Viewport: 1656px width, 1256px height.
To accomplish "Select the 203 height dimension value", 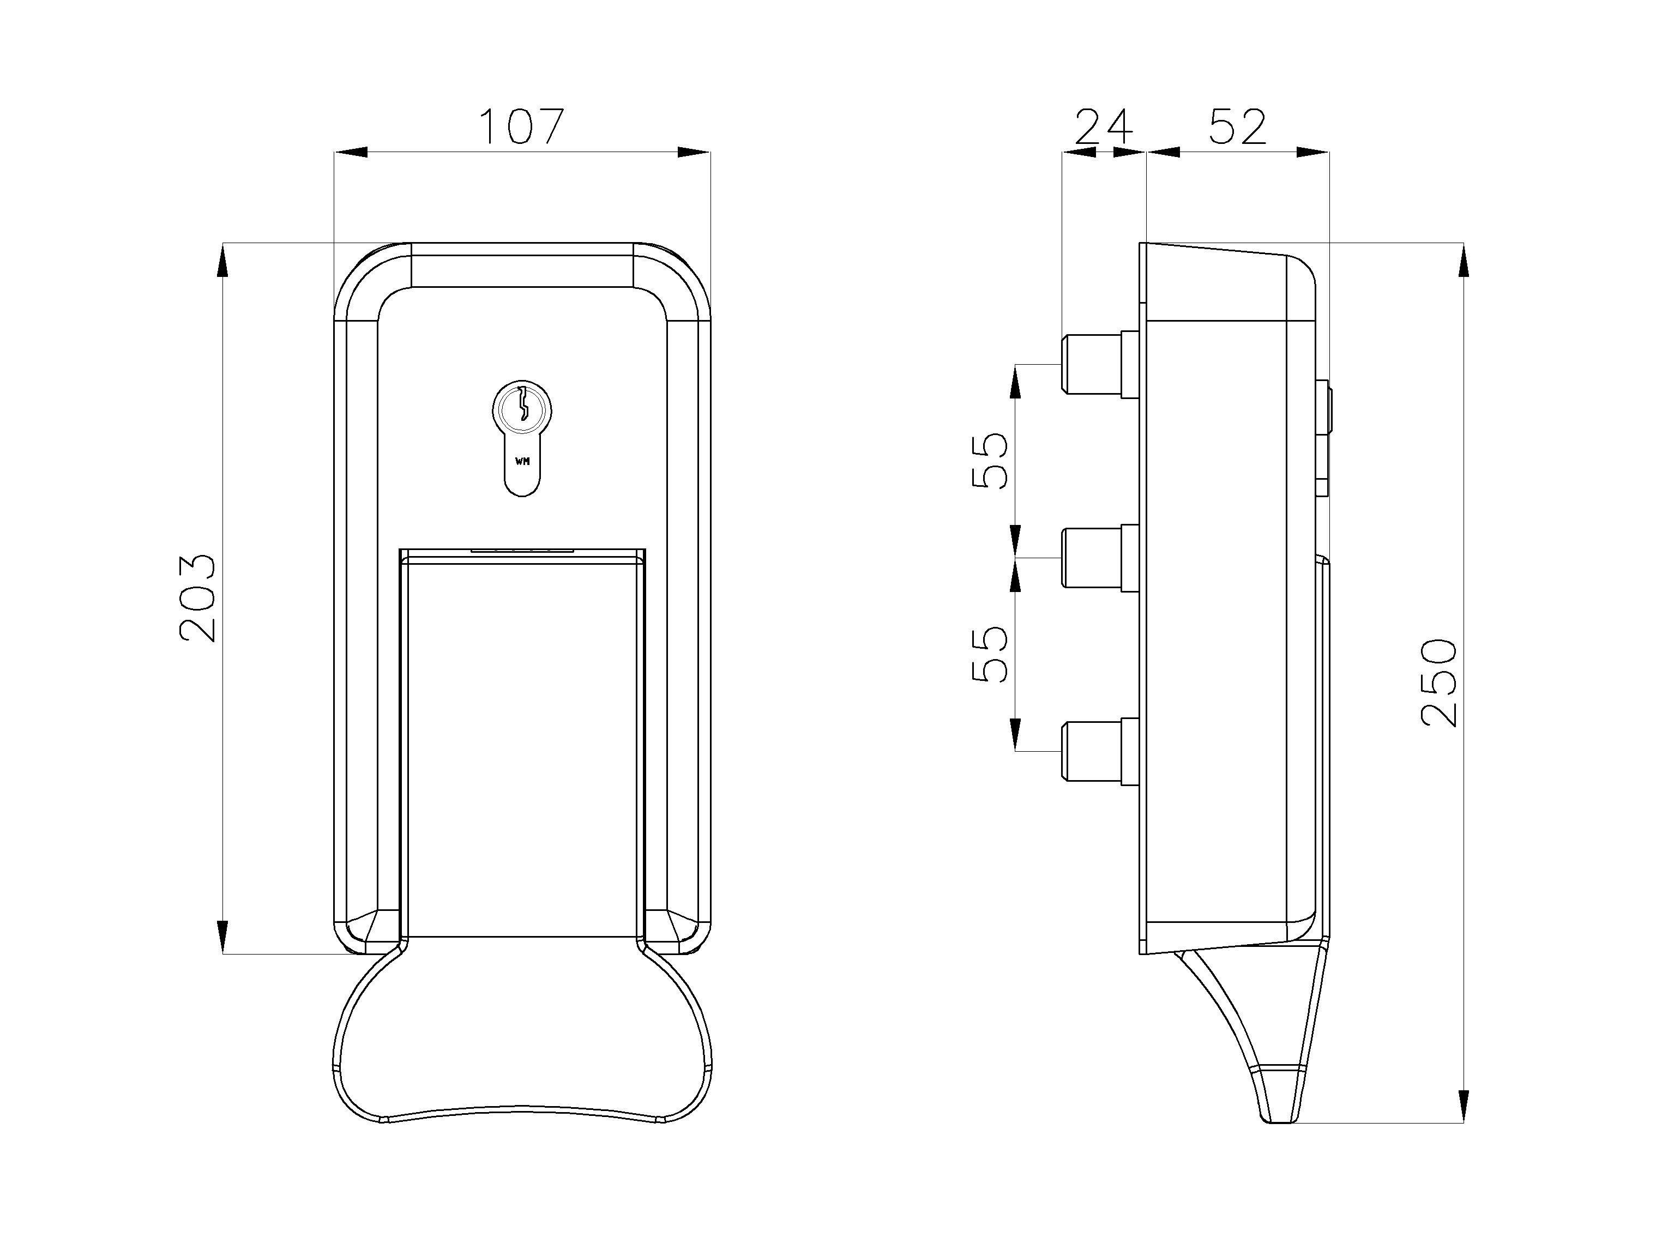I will (197, 598).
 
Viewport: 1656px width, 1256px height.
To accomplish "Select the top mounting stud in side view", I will (1097, 365).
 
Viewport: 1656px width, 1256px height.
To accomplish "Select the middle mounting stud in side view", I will (1097, 558).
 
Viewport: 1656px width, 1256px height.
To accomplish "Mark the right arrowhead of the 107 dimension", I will (694, 153).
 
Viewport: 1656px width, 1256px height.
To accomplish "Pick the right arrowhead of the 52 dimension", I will (1314, 153).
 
